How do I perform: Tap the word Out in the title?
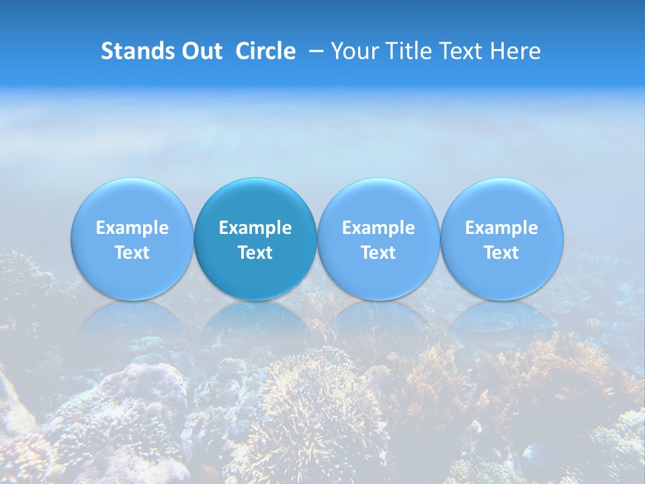coord(200,51)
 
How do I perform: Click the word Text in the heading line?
coord(462,51)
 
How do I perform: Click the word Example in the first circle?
coord(132,228)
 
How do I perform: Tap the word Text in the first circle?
coord(132,253)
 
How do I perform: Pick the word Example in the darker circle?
coord(255,228)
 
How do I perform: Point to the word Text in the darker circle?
coord(255,253)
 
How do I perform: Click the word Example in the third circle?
coord(378,228)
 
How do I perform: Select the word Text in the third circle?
coord(378,253)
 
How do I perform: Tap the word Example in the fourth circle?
coord(501,228)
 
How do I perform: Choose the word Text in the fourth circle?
coord(501,253)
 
